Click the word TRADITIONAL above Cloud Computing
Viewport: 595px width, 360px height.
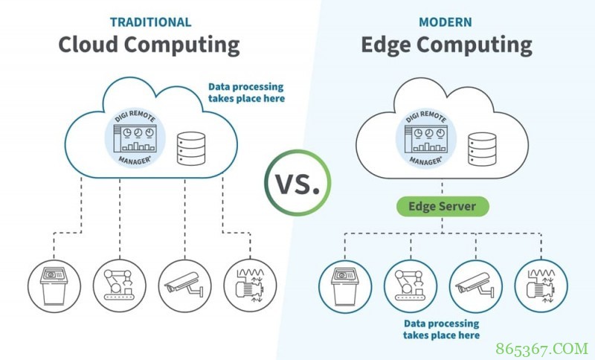151,22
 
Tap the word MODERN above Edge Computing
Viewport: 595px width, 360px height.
446,22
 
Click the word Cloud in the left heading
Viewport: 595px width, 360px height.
88,45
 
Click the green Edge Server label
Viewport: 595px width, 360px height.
443,206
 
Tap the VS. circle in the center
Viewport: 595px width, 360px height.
297,183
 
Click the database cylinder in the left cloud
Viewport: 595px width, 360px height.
191,148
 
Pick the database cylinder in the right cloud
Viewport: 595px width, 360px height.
482,149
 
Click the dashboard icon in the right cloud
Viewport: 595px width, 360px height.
425,138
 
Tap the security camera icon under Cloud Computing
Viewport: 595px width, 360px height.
184,286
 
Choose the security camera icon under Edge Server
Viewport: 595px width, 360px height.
476,286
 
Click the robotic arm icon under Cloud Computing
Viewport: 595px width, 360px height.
120,286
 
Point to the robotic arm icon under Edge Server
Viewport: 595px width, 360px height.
411,286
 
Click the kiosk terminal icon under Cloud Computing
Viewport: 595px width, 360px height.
54,286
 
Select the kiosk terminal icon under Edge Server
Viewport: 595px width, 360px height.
345,286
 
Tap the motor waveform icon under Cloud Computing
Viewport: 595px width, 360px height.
250,286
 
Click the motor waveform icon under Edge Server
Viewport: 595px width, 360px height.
541,286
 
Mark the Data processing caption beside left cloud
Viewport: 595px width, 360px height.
246,92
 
